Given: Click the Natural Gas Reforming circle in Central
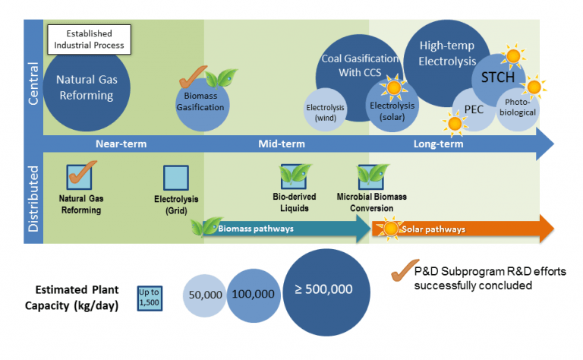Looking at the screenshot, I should point(84,90).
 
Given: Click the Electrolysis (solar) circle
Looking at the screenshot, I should point(388,109).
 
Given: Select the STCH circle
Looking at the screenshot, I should point(497,78).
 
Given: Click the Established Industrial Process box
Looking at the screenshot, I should point(90,39).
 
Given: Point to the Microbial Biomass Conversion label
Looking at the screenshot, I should point(371,201).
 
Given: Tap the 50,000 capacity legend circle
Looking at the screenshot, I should point(204,295).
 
